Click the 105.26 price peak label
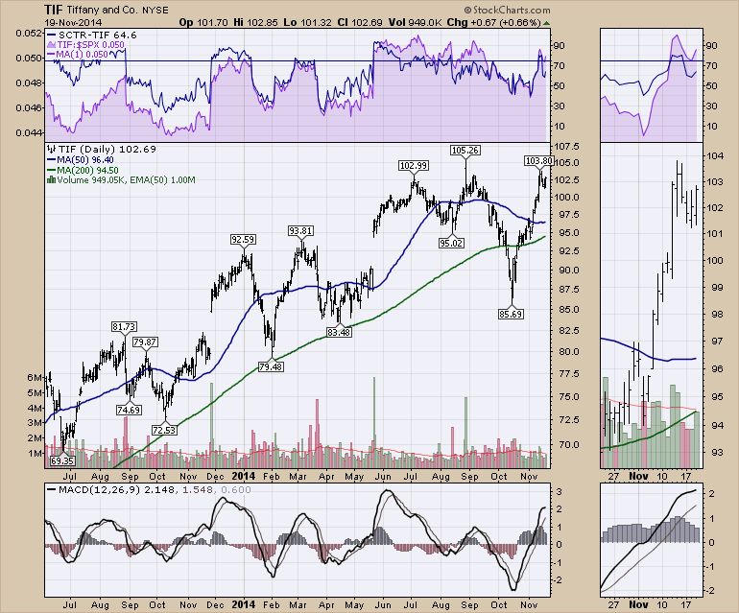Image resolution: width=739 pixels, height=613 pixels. pyautogui.click(x=465, y=150)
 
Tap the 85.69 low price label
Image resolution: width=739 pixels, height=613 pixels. pyautogui.click(x=510, y=313)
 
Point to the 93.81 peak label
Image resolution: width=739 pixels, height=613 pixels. pyautogui.click(x=301, y=230)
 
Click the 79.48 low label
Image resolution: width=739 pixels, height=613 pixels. pyautogui.click(x=272, y=366)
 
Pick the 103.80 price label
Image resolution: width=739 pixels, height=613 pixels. pyautogui.click(x=538, y=159)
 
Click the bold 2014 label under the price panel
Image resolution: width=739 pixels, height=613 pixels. pyautogui.click(x=245, y=474)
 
